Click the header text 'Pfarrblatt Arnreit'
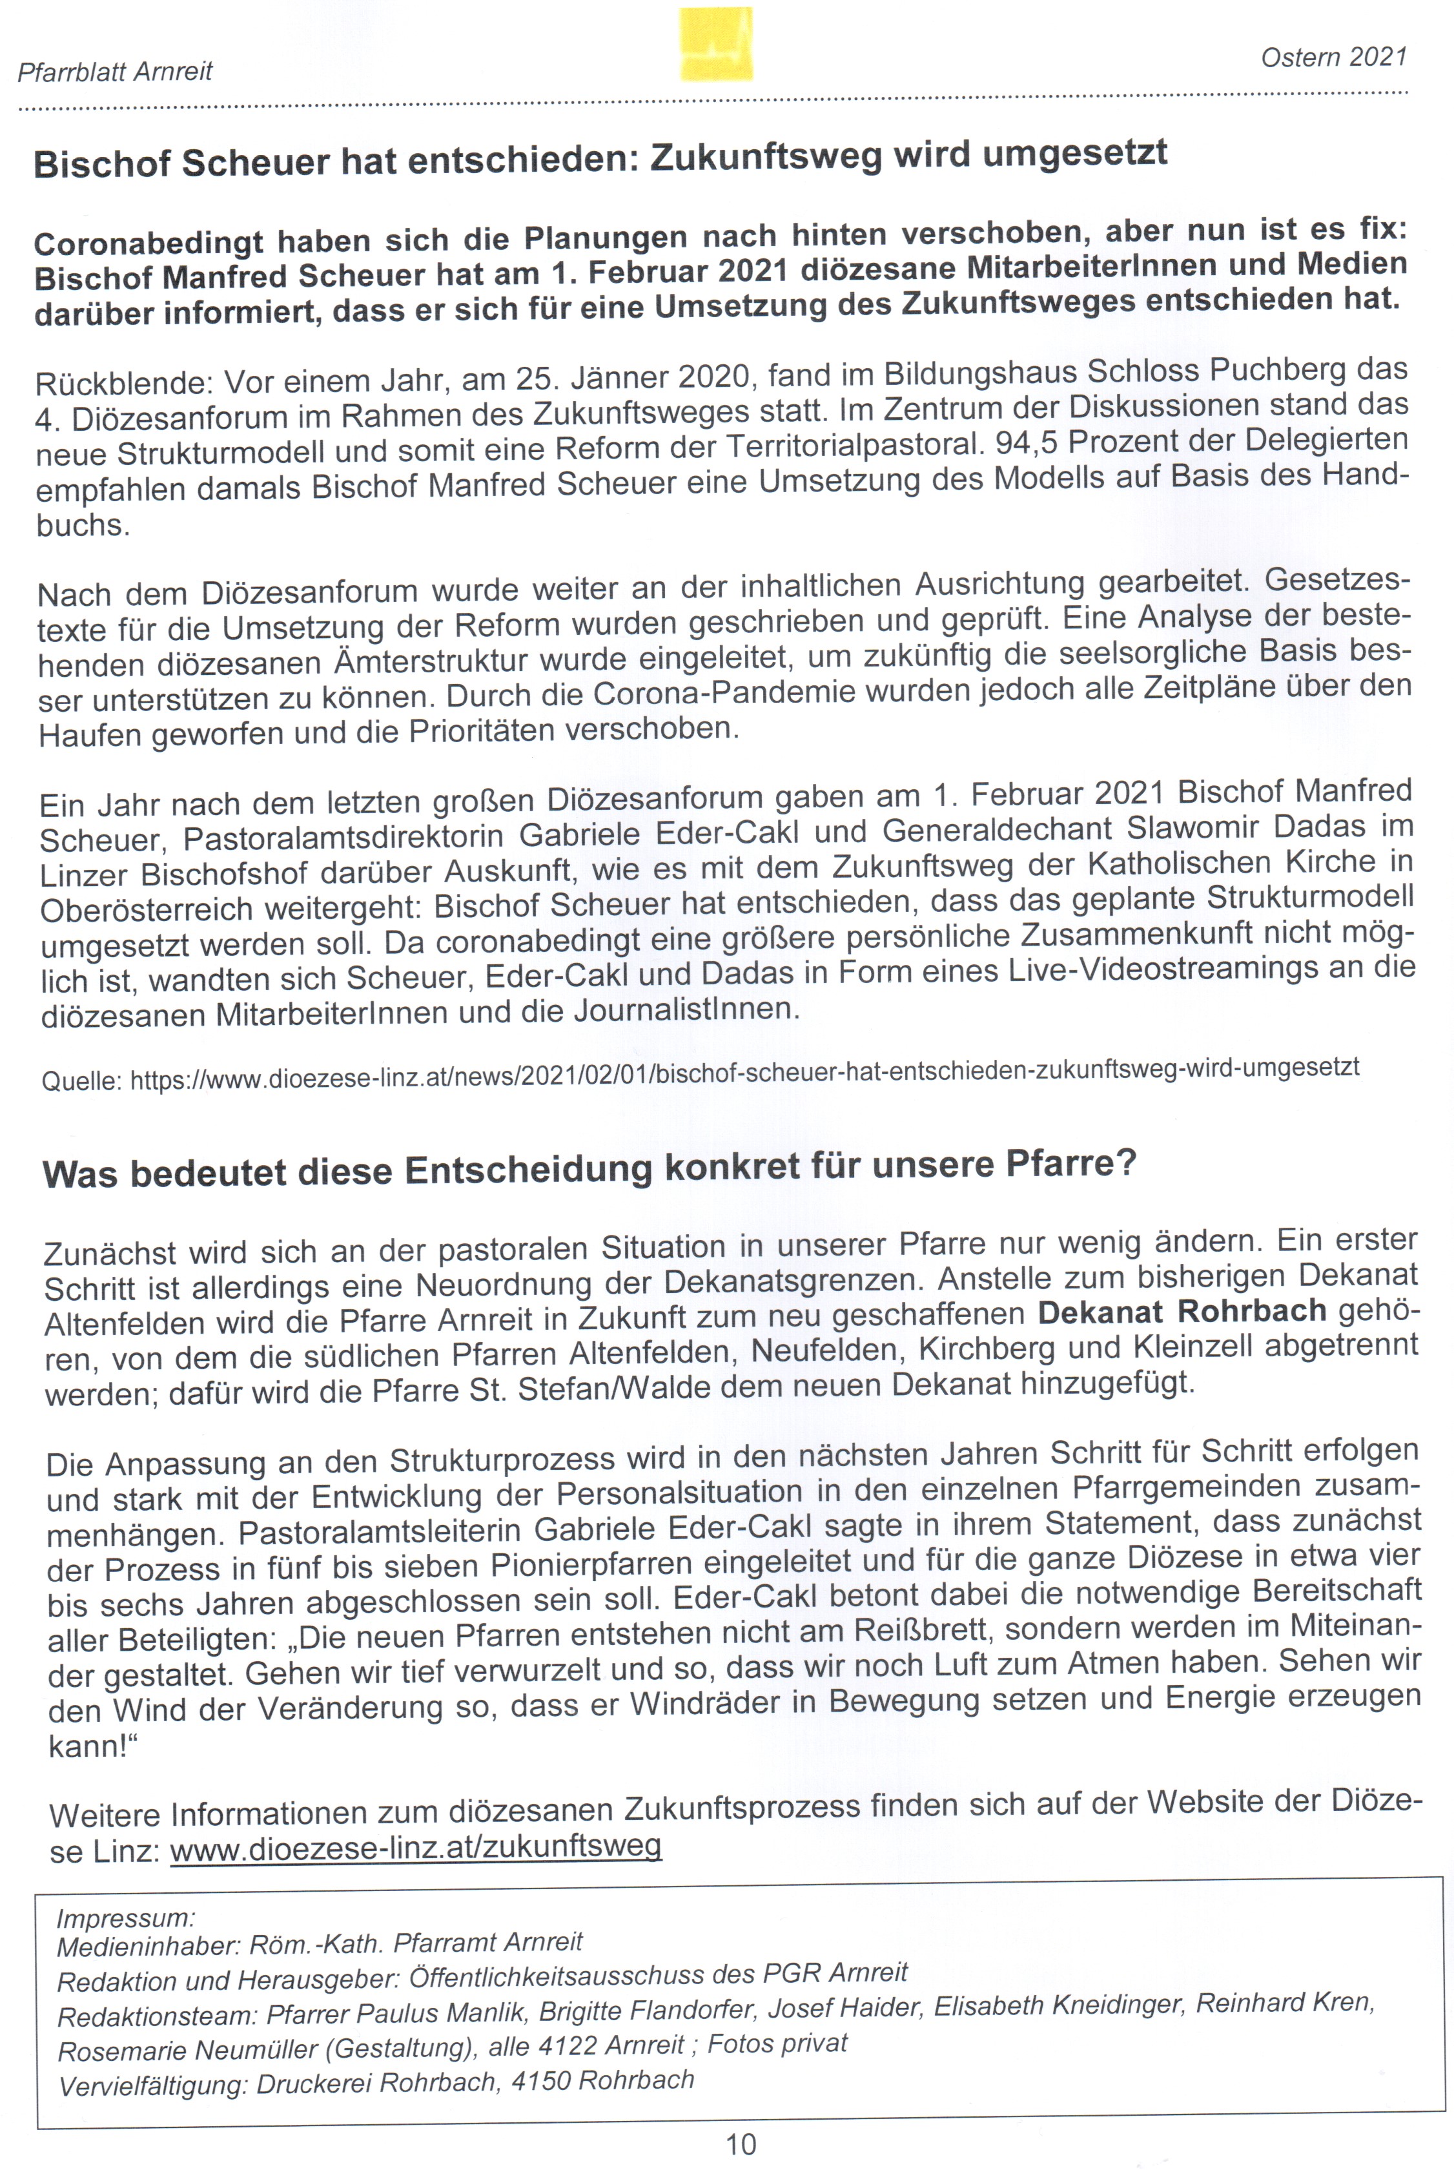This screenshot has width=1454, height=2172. click(115, 72)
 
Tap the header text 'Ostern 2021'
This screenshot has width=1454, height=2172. click(1333, 57)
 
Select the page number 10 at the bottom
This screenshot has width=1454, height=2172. click(741, 2144)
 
